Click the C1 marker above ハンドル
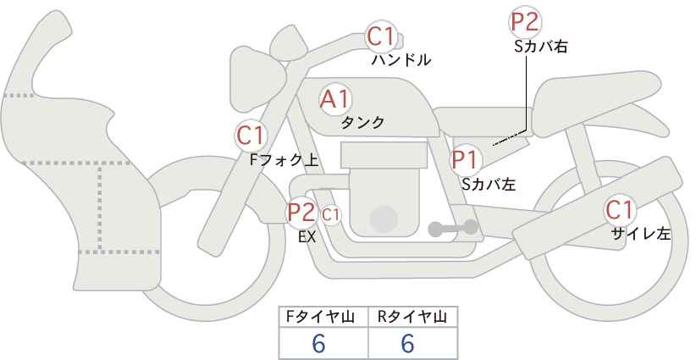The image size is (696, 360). [x=381, y=37]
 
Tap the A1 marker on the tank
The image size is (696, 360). [x=335, y=99]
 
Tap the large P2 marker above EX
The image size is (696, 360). [x=301, y=212]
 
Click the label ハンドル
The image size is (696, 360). [x=401, y=60]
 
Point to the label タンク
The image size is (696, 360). [x=363, y=122]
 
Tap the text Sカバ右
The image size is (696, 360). [x=540, y=47]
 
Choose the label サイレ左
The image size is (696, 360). [x=640, y=234]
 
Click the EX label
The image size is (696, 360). [x=307, y=238]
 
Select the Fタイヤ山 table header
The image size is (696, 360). [x=323, y=317]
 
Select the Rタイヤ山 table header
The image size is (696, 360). [x=412, y=317]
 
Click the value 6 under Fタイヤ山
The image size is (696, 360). [x=318, y=343]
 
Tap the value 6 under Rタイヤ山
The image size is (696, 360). [x=407, y=343]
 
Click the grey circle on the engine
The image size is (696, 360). [x=385, y=218]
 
